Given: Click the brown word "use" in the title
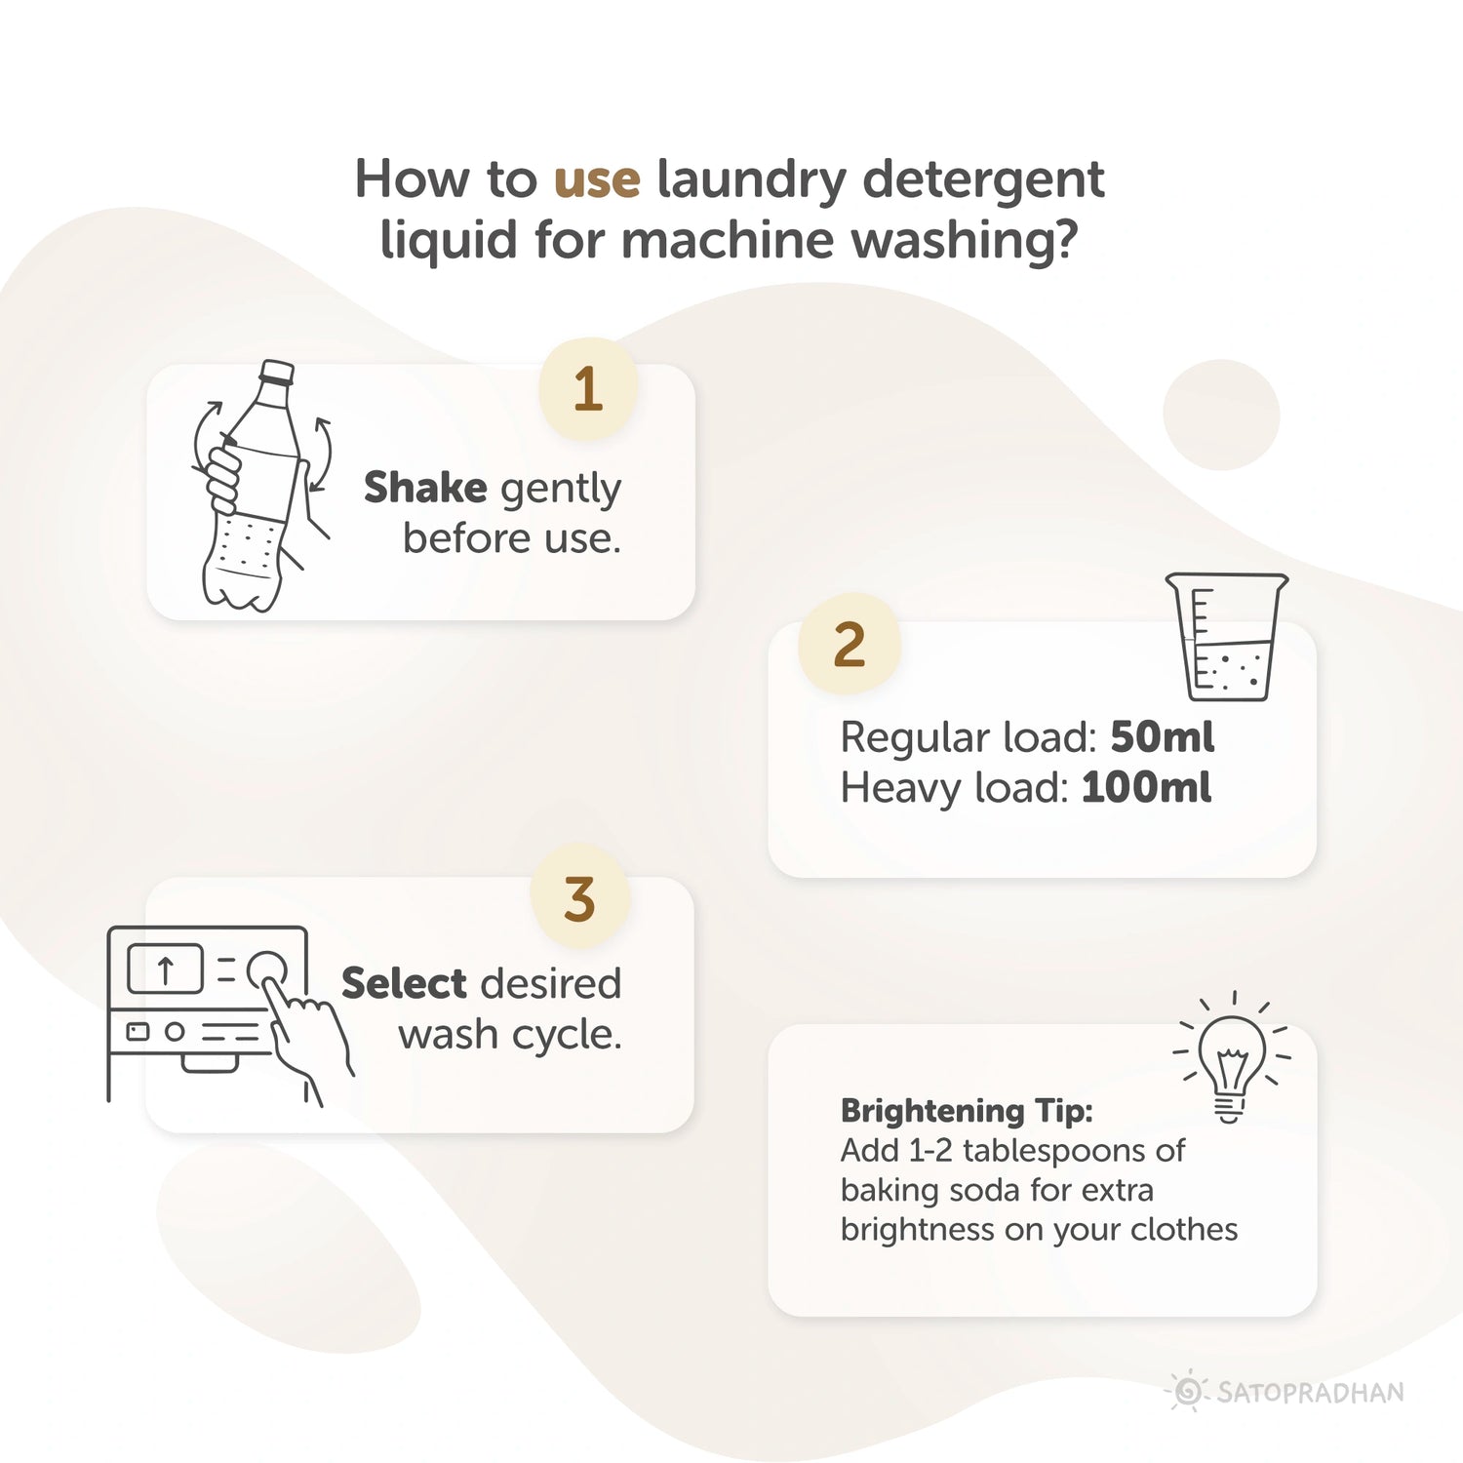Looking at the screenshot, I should tap(597, 179).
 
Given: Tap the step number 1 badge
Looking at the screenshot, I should tap(588, 389).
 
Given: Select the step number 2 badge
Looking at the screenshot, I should tap(849, 645).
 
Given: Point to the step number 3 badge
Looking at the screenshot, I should tap(579, 898).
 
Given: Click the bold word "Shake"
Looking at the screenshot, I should tap(425, 488).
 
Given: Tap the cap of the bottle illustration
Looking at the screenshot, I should tap(276, 372).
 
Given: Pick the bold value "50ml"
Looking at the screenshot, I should tap(1162, 737).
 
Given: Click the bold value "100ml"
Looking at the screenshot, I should tap(1146, 788).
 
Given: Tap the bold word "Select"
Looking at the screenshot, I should tap(404, 983).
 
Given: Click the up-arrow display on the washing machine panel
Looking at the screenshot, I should tap(166, 969).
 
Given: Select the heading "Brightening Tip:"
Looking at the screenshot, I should tap(967, 1111).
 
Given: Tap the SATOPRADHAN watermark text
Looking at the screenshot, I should tap(1310, 1392).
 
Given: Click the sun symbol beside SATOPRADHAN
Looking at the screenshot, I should tap(1188, 1391).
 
